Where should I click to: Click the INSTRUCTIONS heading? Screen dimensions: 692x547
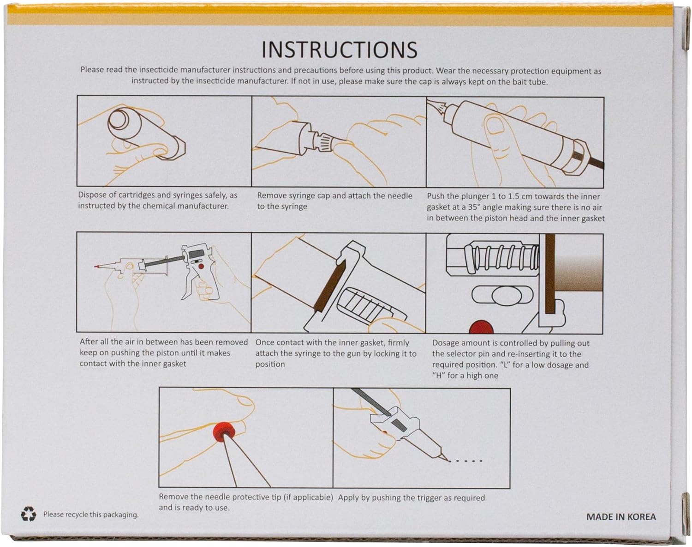(339, 50)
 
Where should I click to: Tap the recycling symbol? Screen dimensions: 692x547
(29, 514)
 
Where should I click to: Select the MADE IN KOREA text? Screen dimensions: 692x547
(621, 517)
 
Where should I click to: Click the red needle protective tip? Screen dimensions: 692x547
(224, 432)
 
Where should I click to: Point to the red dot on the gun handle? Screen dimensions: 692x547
(201, 267)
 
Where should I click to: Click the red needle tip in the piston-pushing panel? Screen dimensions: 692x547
(96, 267)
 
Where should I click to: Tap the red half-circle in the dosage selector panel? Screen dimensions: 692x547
(481, 327)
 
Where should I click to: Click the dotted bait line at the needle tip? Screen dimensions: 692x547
(465, 461)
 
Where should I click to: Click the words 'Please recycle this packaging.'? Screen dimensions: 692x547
(91, 515)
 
